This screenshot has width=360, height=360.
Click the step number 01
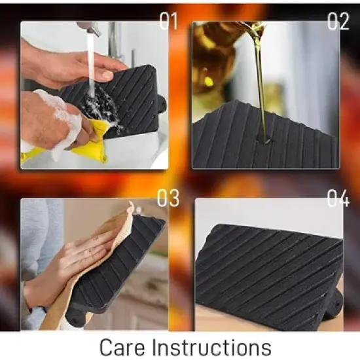(169, 21)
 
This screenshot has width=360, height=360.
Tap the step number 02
(338, 21)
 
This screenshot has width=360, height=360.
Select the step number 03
(168, 198)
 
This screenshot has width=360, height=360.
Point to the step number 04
(338, 198)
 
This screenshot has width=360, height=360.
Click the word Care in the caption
(122, 347)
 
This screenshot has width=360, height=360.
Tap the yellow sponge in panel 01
(92, 140)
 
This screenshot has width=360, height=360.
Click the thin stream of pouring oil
(261, 87)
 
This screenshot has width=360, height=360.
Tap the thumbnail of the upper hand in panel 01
(107, 75)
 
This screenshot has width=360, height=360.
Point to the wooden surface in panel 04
(230, 319)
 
